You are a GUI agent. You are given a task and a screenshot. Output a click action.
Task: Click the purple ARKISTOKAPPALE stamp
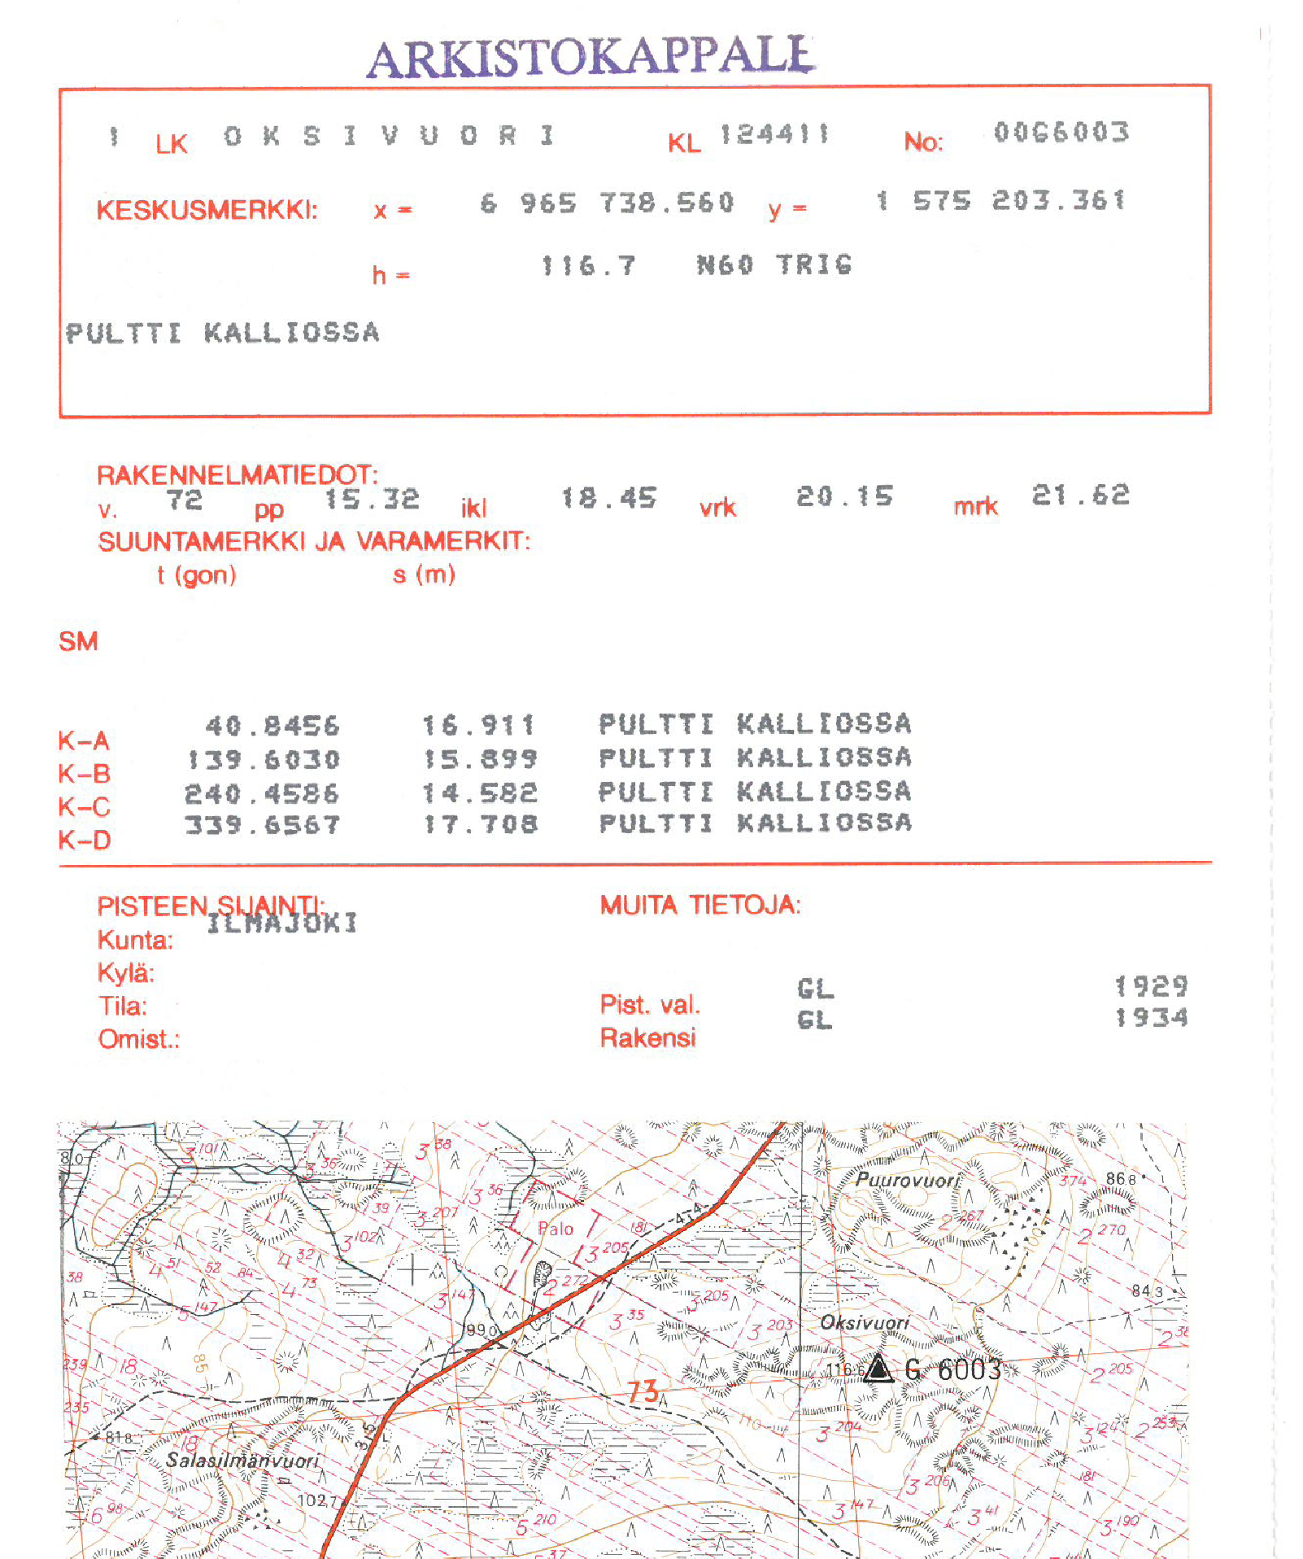pyautogui.click(x=590, y=57)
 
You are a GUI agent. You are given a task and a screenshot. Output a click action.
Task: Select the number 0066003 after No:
pyautogui.click(x=1061, y=133)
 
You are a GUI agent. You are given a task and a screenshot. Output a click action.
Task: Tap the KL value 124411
pyautogui.click(x=774, y=134)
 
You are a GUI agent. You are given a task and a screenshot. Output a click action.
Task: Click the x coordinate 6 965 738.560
pyautogui.click(x=607, y=203)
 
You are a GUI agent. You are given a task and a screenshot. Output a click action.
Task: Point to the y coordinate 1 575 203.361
pyautogui.click(x=1001, y=201)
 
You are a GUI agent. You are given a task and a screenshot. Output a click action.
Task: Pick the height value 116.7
pyautogui.click(x=588, y=266)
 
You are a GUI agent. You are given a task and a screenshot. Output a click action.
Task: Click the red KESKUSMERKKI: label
pyautogui.click(x=207, y=211)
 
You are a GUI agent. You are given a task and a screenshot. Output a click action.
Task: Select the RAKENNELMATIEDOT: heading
pyautogui.click(x=238, y=475)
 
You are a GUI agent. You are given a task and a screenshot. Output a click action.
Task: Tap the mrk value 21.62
pyautogui.click(x=1080, y=496)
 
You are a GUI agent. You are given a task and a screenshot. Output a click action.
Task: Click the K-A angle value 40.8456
pyautogui.click(x=272, y=726)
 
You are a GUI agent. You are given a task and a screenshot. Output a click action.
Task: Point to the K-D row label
pyautogui.click(x=84, y=840)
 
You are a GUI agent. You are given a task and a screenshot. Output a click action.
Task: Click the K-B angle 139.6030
pyautogui.click(x=263, y=760)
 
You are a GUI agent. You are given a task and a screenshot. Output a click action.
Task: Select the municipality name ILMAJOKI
pyautogui.click(x=281, y=923)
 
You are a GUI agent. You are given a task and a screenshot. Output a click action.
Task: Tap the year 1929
pyautogui.click(x=1150, y=987)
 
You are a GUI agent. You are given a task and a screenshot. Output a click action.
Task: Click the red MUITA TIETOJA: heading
pyautogui.click(x=700, y=905)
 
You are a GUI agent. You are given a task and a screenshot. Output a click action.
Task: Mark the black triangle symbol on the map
pyautogui.click(x=878, y=1369)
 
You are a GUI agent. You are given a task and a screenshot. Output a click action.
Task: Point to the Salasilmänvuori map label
pyautogui.click(x=242, y=1461)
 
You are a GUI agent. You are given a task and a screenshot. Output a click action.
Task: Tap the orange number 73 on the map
pyautogui.click(x=643, y=1391)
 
